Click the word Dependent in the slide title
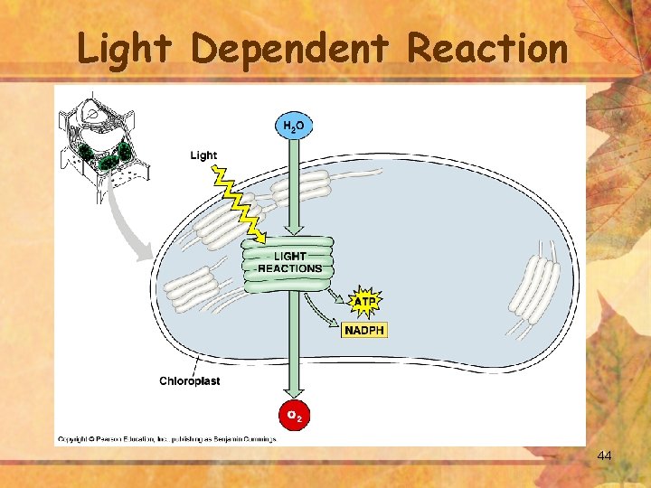click(290, 49)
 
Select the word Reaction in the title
click(487, 49)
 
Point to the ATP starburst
click(364, 300)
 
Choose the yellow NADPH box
click(364, 330)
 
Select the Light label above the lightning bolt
click(203, 155)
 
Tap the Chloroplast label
click(189, 380)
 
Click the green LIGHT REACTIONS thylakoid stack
click(288, 263)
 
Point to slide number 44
click(604, 455)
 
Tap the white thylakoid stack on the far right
click(534, 287)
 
